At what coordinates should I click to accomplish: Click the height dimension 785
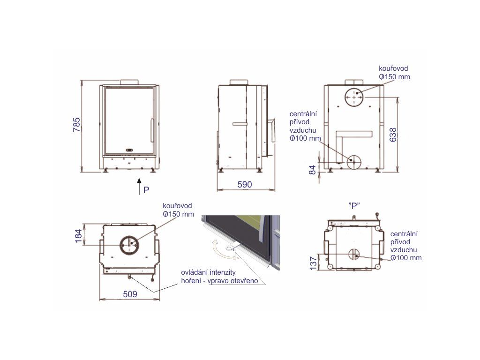click(76, 125)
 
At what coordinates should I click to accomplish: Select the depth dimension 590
click(245, 184)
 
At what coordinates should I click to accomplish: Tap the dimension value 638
click(393, 135)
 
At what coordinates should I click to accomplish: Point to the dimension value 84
click(312, 170)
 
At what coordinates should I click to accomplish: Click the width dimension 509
click(130, 294)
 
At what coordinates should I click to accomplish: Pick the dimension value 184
click(79, 236)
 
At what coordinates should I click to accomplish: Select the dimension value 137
click(313, 263)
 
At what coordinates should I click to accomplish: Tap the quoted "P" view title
click(354, 206)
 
